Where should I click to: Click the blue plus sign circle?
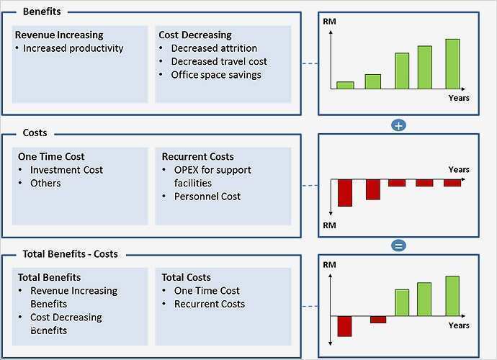tap(398, 125)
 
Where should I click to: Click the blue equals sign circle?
tap(398, 246)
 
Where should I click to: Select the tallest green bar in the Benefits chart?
tap(452, 63)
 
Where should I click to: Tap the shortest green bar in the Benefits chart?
tap(346, 84)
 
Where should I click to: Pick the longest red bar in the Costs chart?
tap(345, 192)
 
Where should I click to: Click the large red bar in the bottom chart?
tap(344, 326)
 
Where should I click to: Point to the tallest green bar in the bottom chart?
tap(452, 296)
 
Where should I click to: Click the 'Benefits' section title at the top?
tap(42, 12)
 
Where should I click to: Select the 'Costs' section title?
tap(35, 133)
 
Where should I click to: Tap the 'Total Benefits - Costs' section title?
tap(70, 254)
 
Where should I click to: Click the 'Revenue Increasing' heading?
tap(59, 35)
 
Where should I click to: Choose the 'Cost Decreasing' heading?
tap(194, 35)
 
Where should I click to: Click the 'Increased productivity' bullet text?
tap(73, 48)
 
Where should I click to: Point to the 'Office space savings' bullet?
tap(216, 75)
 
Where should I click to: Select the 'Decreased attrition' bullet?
tap(214, 48)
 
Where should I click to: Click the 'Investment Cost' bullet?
tap(66, 170)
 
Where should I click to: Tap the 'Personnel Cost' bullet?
tap(207, 197)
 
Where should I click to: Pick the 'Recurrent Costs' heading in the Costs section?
tap(197, 156)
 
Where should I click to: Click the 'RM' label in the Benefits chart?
tap(330, 22)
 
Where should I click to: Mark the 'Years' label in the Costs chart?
tap(459, 170)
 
